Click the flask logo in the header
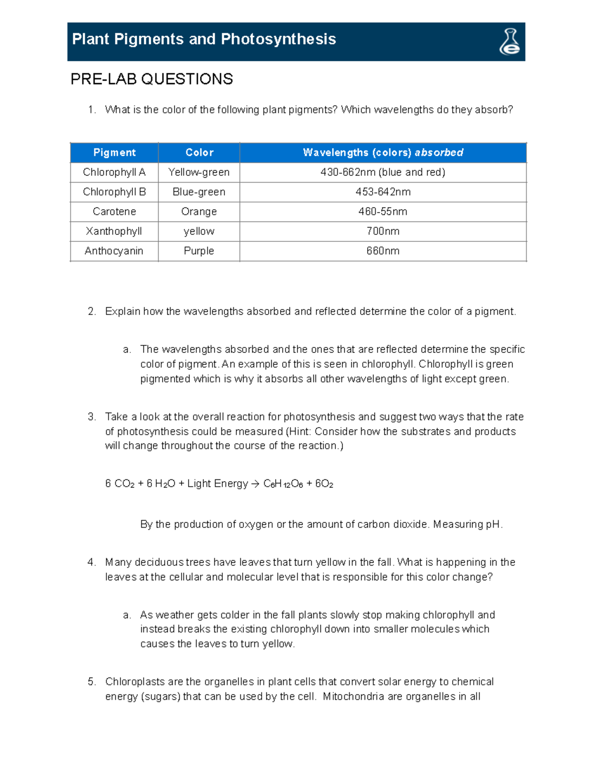(509, 41)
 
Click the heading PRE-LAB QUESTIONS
(151, 79)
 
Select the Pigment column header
(114, 152)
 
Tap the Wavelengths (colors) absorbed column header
(383, 152)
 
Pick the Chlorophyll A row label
(114, 172)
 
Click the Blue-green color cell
(199, 192)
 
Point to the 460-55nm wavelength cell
(383, 212)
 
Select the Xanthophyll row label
(114, 231)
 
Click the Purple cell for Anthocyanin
(199, 251)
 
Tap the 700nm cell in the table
(383, 231)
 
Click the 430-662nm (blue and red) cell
(383, 172)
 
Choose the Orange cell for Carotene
(199, 212)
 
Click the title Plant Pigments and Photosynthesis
(203, 39)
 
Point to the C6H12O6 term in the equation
(283, 484)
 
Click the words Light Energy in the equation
(217, 483)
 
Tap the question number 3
(91, 417)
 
